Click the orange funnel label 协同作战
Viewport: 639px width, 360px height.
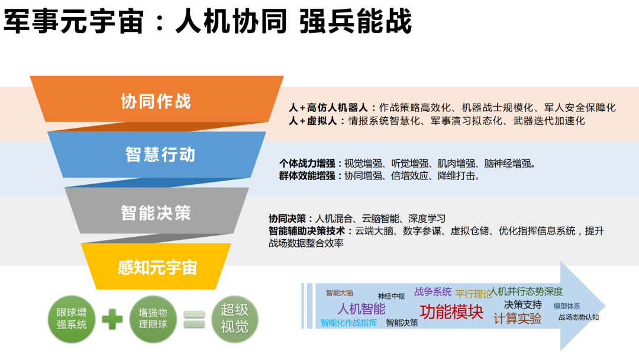[x=156, y=101]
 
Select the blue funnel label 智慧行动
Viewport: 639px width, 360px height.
[x=160, y=155]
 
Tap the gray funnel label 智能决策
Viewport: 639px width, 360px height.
[x=156, y=213]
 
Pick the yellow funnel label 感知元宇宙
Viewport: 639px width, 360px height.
[x=157, y=268]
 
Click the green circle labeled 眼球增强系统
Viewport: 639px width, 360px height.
[x=72, y=319]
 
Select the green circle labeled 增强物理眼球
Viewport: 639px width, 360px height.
[x=153, y=319]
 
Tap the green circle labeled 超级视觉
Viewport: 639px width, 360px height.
[x=235, y=319]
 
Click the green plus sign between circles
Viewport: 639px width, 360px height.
[x=112, y=319]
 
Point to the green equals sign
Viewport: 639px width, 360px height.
[x=194, y=319]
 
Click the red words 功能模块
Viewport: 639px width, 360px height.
[x=451, y=312]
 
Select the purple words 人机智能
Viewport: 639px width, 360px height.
[x=362, y=308]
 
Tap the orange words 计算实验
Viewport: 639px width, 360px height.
[x=518, y=319]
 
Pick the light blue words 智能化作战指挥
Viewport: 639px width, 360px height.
[x=348, y=323]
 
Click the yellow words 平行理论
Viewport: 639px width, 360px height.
[x=473, y=294]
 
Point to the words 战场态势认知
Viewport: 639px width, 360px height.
[x=578, y=317]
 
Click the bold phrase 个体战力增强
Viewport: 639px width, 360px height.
[x=307, y=163]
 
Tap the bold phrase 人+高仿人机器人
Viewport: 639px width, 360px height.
[x=328, y=108]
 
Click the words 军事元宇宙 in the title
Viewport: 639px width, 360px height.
[x=74, y=21]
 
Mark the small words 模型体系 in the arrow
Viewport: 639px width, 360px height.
[x=566, y=306]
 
